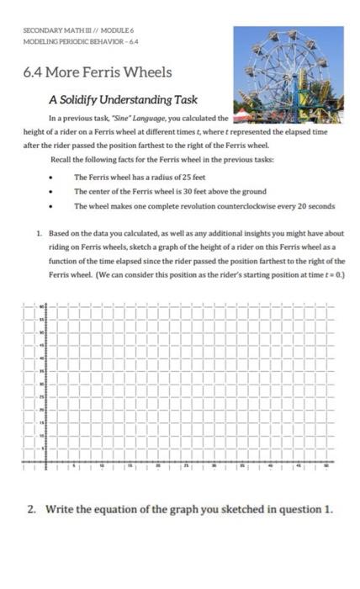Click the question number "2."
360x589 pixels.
[34, 508]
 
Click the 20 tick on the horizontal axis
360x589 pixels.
[157, 463]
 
